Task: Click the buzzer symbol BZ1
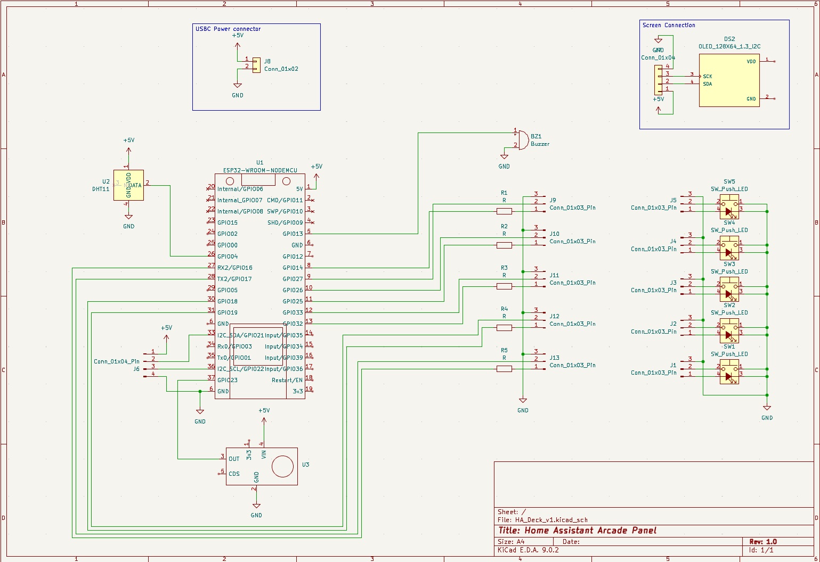pyautogui.click(x=523, y=139)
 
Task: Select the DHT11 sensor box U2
pyautogui.click(x=128, y=185)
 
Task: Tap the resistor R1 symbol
pyautogui.click(x=504, y=211)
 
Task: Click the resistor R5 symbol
pyautogui.click(x=504, y=368)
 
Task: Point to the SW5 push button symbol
pyautogui.click(x=729, y=207)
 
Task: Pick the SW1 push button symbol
pyautogui.click(x=729, y=371)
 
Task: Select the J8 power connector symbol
pyautogui.click(x=256, y=65)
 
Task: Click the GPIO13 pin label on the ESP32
pyautogui.click(x=293, y=234)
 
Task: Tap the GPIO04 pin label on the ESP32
pyautogui.click(x=228, y=257)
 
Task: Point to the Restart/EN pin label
pyautogui.click(x=287, y=380)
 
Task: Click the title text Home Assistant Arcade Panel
pyautogui.click(x=577, y=531)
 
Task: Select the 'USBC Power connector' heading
pyautogui.click(x=228, y=29)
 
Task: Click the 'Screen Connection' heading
pyautogui.click(x=668, y=25)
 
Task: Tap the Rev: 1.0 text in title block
pyautogui.click(x=763, y=542)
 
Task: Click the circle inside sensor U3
pyautogui.click(x=282, y=467)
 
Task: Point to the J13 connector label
pyautogui.click(x=555, y=358)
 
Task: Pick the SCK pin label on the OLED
pyautogui.click(x=707, y=76)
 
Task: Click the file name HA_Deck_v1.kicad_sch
pyautogui.click(x=551, y=520)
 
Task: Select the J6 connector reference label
pyautogui.click(x=136, y=369)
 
